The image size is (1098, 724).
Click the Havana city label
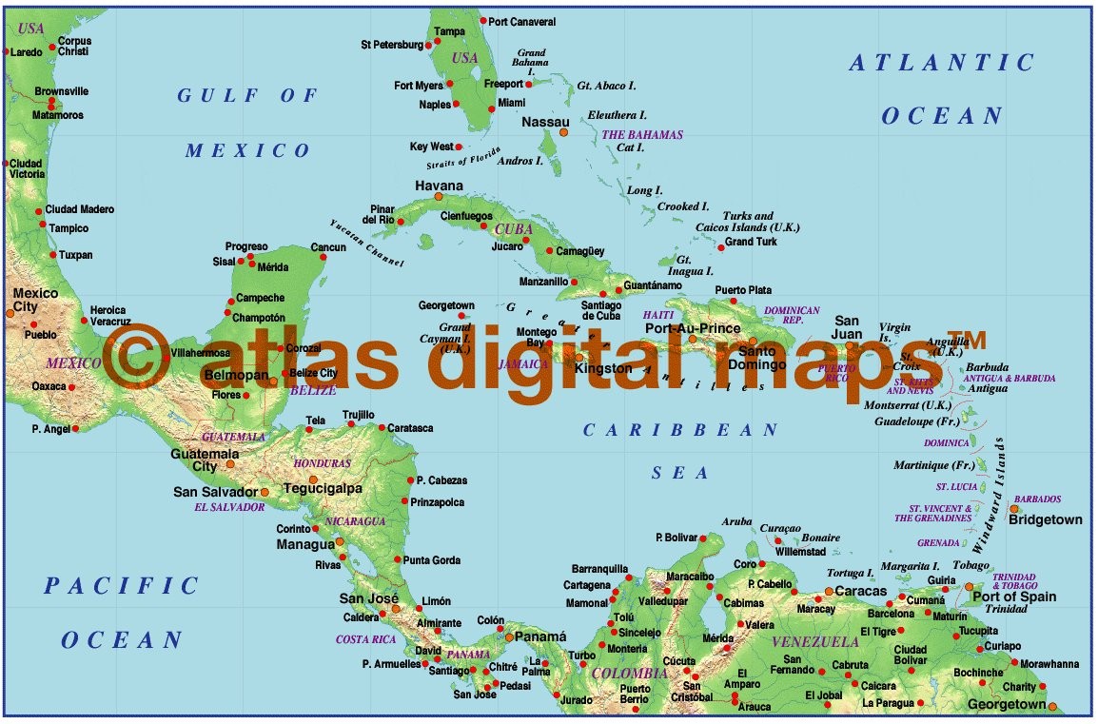tap(439, 186)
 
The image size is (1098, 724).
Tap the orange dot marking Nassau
tap(563, 132)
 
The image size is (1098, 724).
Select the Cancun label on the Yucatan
tap(328, 247)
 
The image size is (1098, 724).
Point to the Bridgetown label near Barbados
tap(1045, 519)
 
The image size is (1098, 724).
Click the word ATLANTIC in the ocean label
tap(941, 64)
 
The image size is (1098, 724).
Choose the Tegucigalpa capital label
tap(324, 488)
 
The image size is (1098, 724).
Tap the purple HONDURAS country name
tap(323, 463)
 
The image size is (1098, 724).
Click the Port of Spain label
tap(1014, 597)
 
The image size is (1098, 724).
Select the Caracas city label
tap(860, 591)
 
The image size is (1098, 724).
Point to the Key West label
tap(431, 147)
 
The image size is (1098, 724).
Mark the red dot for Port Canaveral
tap(483, 21)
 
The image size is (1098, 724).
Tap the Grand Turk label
tap(751, 242)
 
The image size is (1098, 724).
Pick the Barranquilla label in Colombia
tap(600, 568)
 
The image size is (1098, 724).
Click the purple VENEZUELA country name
tap(815, 642)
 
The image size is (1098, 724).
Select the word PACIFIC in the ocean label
tap(121, 586)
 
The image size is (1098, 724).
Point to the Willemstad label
tap(800, 551)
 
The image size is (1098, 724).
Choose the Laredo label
tap(26, 52)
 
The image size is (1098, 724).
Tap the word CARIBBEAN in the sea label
tap(680, 431)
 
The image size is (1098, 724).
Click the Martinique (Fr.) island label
tap(934, 465)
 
